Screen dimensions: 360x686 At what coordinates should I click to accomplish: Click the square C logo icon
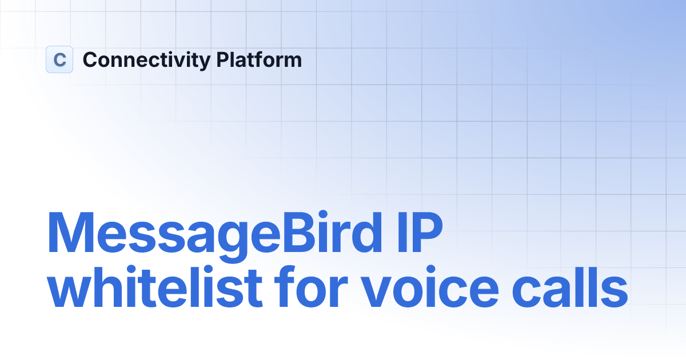pyautogui.click(x=59, y=59)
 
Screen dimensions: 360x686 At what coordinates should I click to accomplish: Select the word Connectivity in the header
pyautogui.click(x=146, y=60)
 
